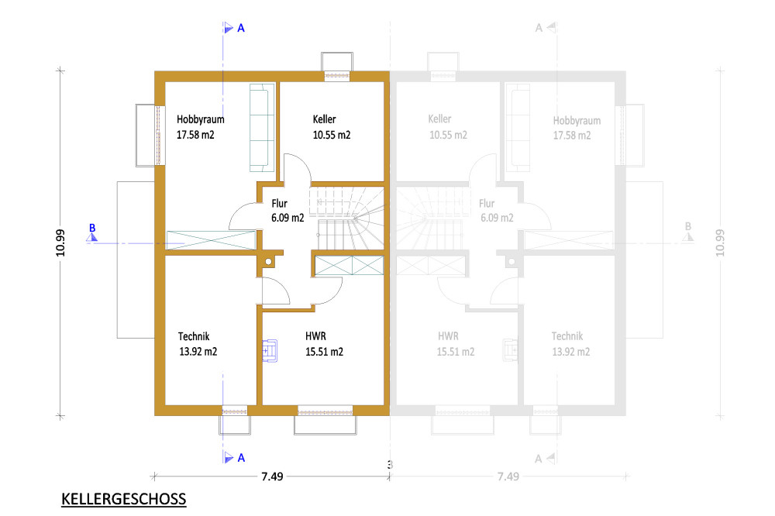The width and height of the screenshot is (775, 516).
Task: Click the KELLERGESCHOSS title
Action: pyautogui.click(x=123, y=499)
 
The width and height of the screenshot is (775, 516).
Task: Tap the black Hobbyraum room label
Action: pyautogui.click(x=200, y=119)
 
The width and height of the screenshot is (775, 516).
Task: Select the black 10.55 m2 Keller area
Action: pyautogui.click(x=332, y=135)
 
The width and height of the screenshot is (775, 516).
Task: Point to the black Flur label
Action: pyautogui.click(x=279, y=203)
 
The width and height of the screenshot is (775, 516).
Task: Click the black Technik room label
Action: pyautogui.click(x=194, y=336)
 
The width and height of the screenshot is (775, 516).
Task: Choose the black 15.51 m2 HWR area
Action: pyautogui.click(x=324, y=352)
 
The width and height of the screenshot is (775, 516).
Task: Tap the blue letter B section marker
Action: pyautogui.click(x=92, y=228)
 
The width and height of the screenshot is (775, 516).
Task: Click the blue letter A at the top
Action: pyautogui.click(x=241, y=28)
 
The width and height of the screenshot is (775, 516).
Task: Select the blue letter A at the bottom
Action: pyautogui.click(x=241, y=458)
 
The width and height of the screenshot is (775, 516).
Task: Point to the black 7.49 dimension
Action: pyautogui.click(x=272, y=476)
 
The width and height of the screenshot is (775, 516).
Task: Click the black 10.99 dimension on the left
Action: pyautogui.click(x=60, y=243)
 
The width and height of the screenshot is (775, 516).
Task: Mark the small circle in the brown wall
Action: pyautogui.click(x=268, y=261)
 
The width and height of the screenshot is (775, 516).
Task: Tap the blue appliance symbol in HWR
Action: pyautogui.click(x=270, y=351)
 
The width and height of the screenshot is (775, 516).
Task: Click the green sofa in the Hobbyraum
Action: pyautogui.click(x=262, y=128)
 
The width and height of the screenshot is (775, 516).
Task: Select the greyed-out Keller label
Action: pyautogui.click(x=440, y=119)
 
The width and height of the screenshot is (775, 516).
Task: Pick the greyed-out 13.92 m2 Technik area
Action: pyautogui.click(x=571, y=352)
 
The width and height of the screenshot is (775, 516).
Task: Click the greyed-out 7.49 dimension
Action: pyautogui.click(x=508, y=476)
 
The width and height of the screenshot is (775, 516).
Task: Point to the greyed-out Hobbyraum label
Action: pyautogui.click(x=577, y=121)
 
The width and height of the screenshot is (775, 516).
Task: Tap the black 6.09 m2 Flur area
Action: pyautogui.click(x=288, y=218)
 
